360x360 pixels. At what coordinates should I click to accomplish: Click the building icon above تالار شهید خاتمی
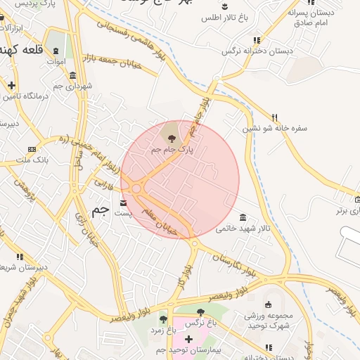[243, 217]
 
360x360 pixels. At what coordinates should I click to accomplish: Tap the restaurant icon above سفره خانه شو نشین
[275, 117]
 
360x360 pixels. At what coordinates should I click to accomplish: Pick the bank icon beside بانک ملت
[32, 149]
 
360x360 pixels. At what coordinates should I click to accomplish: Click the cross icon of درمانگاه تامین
[11, 85]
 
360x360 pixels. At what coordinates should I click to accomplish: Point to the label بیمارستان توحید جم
[188, 349]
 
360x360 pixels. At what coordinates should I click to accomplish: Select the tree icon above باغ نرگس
[200, 312]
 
